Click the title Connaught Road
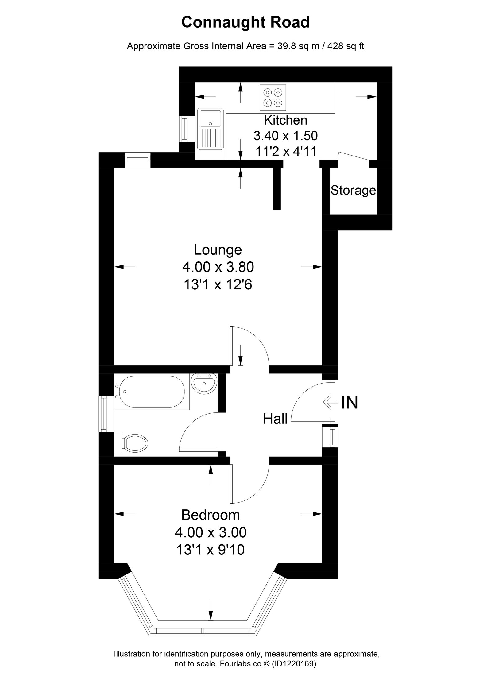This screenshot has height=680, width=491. (245, 22)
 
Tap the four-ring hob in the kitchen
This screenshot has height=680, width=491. (273, 97)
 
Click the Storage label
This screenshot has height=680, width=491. (353, 191)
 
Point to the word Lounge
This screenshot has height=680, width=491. (218, 250)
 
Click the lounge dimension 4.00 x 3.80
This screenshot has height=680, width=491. (218, 267)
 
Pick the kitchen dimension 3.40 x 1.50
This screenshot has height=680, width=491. (285, 135)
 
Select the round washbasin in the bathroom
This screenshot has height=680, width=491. (204, 383)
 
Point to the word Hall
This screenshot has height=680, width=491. (275, 419)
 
